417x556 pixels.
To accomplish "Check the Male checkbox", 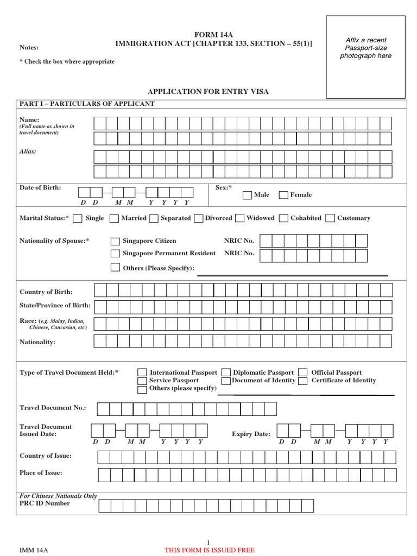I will click(x=247, y=195).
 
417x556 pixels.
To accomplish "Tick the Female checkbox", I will click(x=283, y=195).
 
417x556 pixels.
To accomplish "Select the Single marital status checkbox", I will click(x=78, y=218).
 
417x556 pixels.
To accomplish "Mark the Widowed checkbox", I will click(x=239, y=218).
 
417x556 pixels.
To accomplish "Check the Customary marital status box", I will click(x=330, y=218).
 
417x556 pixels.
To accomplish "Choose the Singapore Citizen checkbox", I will click(x=115, y=241).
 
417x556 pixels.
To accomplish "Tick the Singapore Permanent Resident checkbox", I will click(x=115, y=254).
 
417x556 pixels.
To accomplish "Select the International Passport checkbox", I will click(x=142, y=372).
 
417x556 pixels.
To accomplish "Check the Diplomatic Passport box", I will click(x=226, y=372).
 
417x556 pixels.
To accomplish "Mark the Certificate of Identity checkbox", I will click(x=304, y=381).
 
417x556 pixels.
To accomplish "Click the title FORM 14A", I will click(x=213, y=35).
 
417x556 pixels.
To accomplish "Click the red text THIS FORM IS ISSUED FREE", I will click(x=209, y=550).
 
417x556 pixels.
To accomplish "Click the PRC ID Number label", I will click(x=45, y=503).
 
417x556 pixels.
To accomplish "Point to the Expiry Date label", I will click(x=251, y=434).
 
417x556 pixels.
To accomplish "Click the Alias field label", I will click(x=28, y=151).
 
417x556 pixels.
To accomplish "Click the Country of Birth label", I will click(x=46, y=292).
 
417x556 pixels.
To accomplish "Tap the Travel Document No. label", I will click(x=53, y=408).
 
